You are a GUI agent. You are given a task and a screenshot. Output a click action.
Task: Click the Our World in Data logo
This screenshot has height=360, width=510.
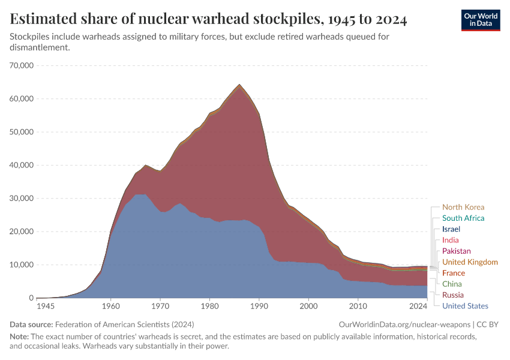point(480,20)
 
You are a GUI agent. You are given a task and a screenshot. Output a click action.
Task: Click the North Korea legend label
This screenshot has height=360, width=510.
point(463,208)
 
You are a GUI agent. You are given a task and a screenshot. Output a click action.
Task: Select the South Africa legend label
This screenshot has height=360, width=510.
point(463,218)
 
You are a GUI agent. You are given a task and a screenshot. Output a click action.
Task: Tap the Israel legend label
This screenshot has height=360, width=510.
point(451,229)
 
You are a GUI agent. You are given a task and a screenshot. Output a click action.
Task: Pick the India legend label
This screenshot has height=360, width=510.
point(450,241)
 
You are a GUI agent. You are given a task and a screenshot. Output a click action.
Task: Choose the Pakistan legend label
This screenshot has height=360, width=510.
point(456,251)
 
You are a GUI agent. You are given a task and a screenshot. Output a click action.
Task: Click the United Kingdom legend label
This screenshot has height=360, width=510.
point(470,262)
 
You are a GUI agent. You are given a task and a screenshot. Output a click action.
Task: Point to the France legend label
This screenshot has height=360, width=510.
point(453,273)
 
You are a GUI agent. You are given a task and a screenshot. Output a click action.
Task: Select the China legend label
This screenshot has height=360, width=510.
point(452,284)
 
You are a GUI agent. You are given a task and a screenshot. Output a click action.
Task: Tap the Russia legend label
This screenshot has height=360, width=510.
point(453,295)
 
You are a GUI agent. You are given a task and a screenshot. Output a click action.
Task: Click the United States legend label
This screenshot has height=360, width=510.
point(464,306)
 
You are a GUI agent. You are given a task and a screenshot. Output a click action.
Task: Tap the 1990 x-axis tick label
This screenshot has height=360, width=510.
point(259,307)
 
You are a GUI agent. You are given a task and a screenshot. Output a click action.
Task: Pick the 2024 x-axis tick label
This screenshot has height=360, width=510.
point(418,307)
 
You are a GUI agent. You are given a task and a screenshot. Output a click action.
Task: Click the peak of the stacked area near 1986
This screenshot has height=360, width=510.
point(239,85)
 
